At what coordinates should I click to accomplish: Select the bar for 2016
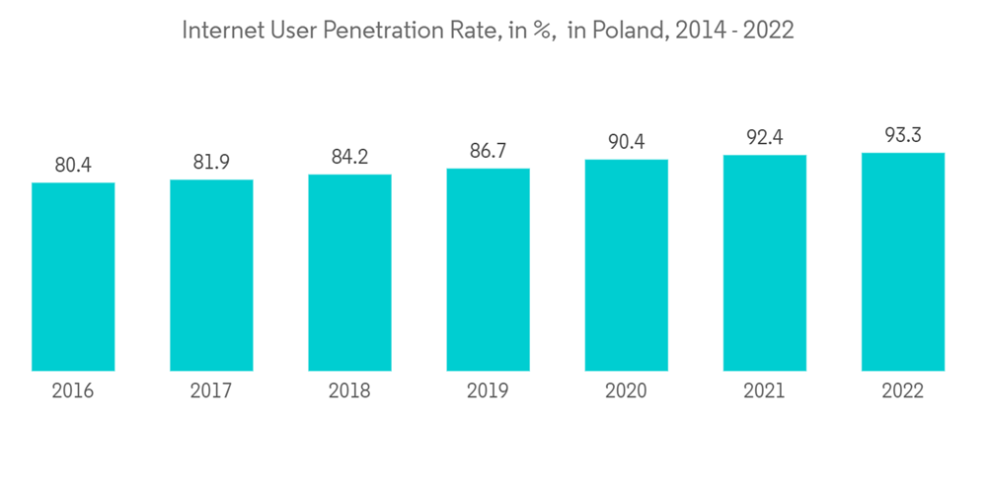point(73,277)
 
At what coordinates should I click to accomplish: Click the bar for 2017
point(211,275)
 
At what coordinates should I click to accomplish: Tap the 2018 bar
point(349,273)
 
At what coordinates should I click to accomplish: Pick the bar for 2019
point(488,270)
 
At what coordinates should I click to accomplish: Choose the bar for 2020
point(626,265)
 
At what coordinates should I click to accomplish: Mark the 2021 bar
point(764,263)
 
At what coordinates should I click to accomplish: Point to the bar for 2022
point(902,262)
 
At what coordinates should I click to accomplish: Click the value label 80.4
point(73,166)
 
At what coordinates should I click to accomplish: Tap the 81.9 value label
point(211,163)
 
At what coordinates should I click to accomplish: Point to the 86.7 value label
point(488,152)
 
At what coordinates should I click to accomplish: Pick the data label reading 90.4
point(626,143)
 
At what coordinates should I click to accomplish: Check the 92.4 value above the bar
point(764,138)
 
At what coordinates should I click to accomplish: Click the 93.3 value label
point(902,136)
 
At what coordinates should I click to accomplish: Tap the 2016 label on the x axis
point(73,391)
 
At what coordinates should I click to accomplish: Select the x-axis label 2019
point(488,391)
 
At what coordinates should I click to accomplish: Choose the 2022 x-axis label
point(902,391)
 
